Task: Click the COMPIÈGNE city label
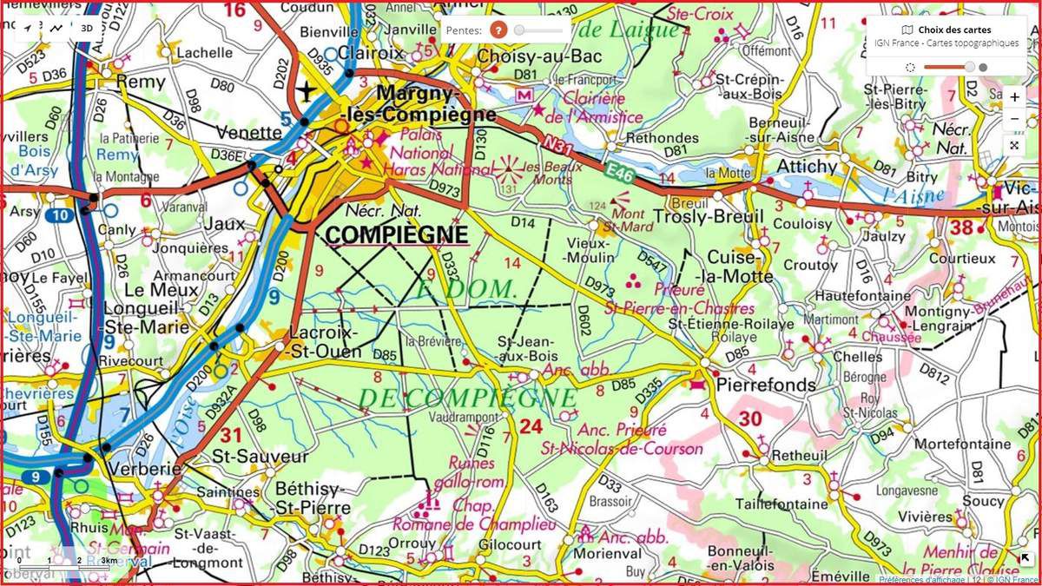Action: click(396, 234)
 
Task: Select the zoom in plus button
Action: click(1014, 97)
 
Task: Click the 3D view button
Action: click(86, 28)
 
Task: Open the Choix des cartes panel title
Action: click(953, 30)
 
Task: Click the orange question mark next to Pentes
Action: click(498, 30)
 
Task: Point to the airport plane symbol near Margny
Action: click(306, 89)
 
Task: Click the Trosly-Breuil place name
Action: click(708, 216)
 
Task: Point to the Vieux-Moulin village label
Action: click(590, 250)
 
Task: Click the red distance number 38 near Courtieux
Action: click(960, 227)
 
